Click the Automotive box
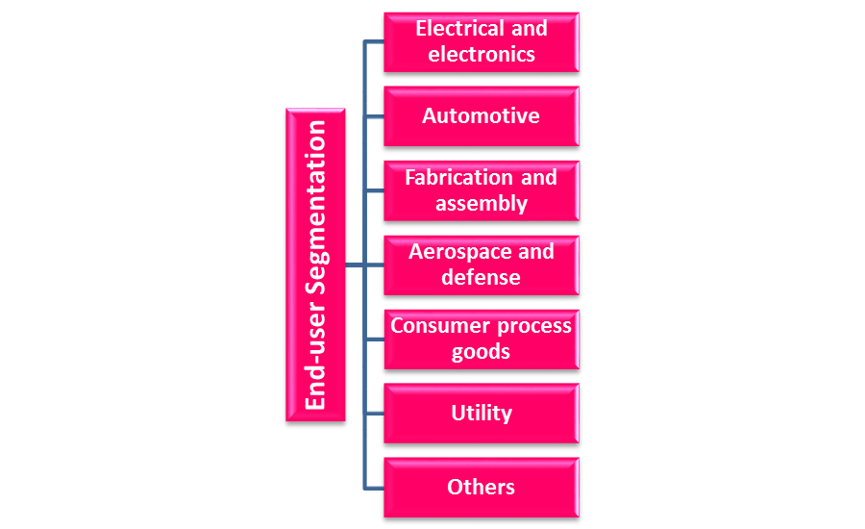(481, 116)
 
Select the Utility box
(481, 414)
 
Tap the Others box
(481, 488)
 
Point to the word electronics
(482, 55)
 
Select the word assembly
(482, 204)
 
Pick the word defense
(482, 278)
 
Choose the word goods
(482, 352)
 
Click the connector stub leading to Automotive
(374, 116)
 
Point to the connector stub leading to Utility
(374, 414)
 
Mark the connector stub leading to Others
(374, 488)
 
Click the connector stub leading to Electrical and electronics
(374, 42)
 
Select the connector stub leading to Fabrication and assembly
(374, 190)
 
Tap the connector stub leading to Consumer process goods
(374, 339)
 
